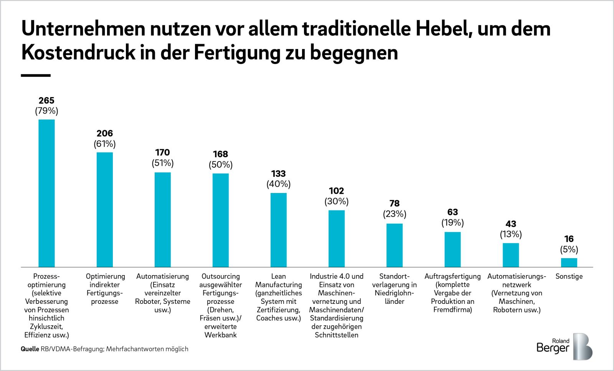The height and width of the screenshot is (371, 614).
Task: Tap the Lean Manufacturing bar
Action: (278, 230)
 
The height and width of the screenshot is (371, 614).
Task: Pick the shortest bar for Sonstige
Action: (569, 262)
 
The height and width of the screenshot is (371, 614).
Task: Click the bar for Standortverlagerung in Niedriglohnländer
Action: (394, 245)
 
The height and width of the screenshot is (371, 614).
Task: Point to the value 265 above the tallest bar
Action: (46, 101)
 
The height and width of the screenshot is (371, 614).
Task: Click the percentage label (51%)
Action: (162, 163)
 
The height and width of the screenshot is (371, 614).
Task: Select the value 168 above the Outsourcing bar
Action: (220, 154)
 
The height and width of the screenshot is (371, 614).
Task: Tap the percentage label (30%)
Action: (336, 201)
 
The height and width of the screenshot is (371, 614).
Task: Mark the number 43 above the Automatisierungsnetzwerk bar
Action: (510, 224)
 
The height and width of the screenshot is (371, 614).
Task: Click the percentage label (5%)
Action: (569, 249)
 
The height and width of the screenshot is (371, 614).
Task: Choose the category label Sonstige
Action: (569, 276)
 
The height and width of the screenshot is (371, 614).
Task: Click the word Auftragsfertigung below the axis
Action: (452, 276)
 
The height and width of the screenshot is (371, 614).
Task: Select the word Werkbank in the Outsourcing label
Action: (220, 335)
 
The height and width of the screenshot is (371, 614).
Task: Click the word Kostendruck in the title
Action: (78, 53)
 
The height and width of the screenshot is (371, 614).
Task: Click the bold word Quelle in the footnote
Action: (30, 349)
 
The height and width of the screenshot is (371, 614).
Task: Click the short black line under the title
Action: (36, 76)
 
